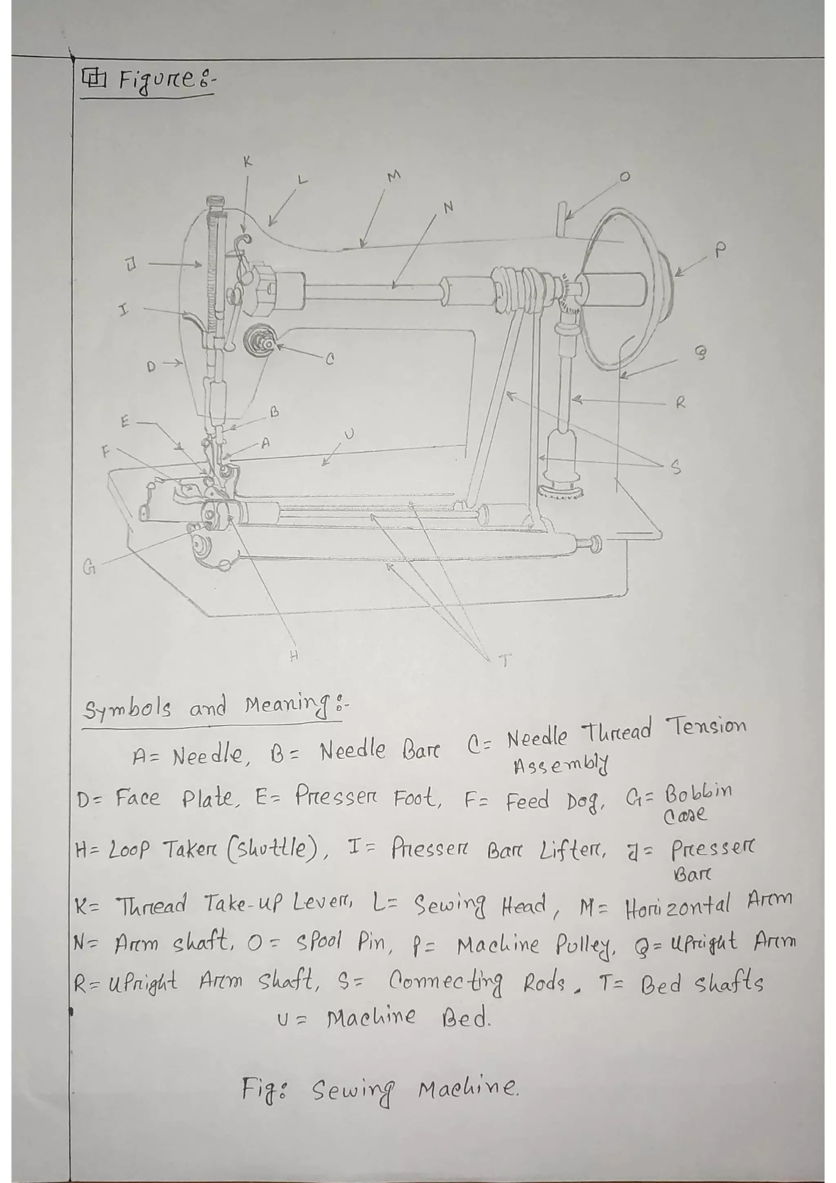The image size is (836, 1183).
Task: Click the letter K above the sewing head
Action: [248, 162]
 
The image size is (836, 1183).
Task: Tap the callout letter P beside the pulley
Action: [720, 250]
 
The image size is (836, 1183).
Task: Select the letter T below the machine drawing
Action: [505, 660]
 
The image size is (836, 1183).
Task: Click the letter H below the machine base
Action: [293, 656]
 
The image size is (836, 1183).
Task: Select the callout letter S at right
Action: [676, 467]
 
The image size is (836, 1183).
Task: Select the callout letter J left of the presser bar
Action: [131, 265]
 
